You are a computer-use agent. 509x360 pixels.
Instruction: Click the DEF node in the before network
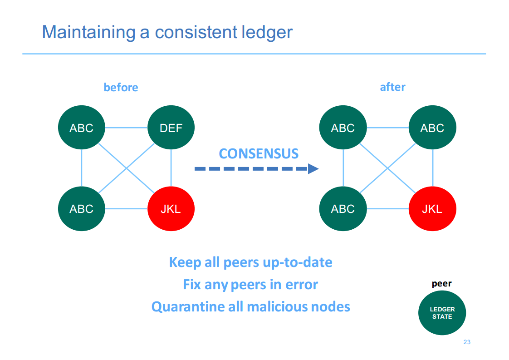(171, 128)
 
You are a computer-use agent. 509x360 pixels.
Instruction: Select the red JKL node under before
(171, 208)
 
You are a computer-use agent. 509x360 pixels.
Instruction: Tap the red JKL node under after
(432, 208)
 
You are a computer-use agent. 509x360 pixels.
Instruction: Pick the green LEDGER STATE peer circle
(442, 313)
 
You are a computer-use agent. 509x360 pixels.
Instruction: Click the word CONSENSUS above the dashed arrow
(259, 154)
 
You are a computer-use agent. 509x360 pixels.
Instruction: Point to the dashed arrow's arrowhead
(313, 168)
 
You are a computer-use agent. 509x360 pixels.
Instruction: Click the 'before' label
(121, 88)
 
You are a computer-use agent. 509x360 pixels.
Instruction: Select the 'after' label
(393, 87)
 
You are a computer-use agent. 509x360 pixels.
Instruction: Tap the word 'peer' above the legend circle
(442, 284)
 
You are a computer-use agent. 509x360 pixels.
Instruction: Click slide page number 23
(467, 342)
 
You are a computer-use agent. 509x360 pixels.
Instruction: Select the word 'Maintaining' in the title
(88, 33)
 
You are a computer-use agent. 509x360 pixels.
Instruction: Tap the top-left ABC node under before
(82, 128)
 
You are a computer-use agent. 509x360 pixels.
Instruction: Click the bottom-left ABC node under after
(343, 208)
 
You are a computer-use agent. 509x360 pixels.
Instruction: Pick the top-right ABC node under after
(432, 128)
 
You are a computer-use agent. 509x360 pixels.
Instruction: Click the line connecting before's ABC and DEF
(126, 128)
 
